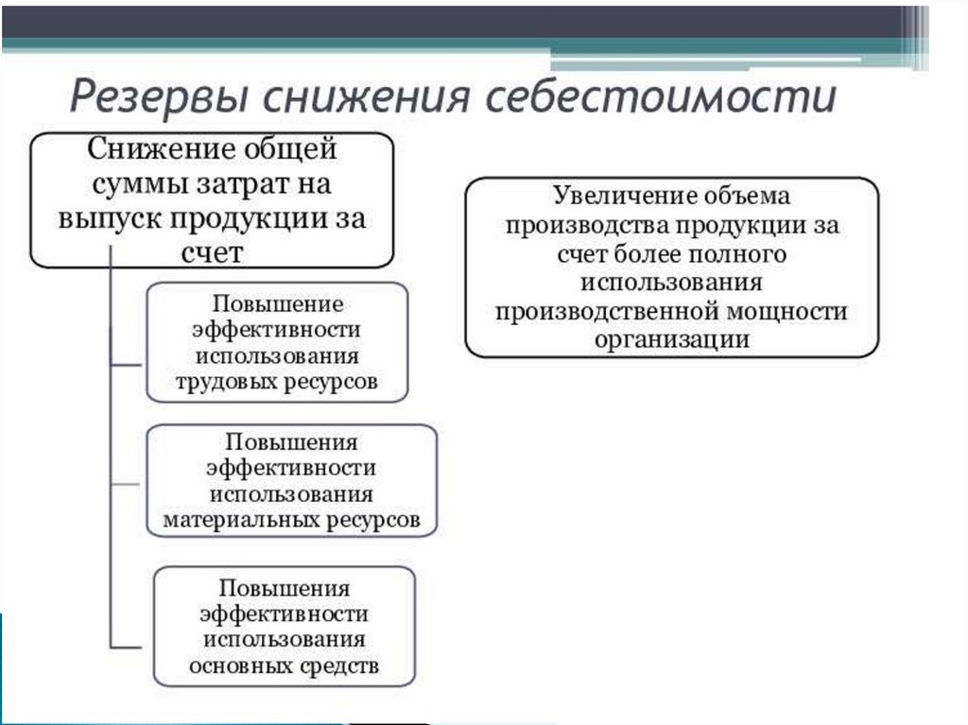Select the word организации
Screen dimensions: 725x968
tap(672, 339)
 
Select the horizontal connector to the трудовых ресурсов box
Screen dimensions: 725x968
tap(129, 362)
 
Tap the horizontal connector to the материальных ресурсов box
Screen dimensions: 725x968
tap(129, 483)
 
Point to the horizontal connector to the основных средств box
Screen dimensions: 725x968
tap(132, 647)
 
